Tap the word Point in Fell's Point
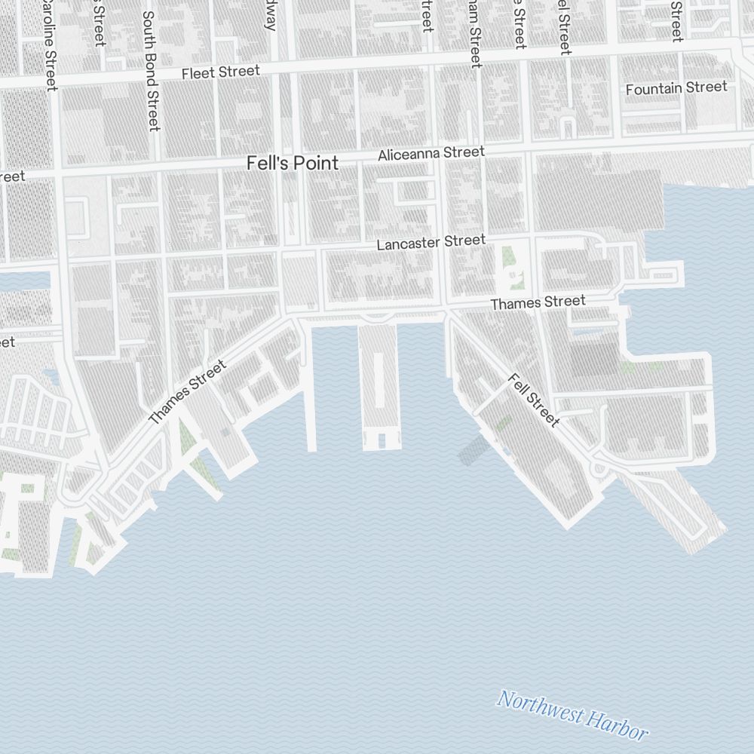(317, 163)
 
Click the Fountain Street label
(676, 88)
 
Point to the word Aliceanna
(411, 155)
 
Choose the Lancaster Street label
(431, 243)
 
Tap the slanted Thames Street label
(187, 392)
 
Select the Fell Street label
(534, 400)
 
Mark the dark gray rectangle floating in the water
(471, 449)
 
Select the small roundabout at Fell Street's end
(601, 468)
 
